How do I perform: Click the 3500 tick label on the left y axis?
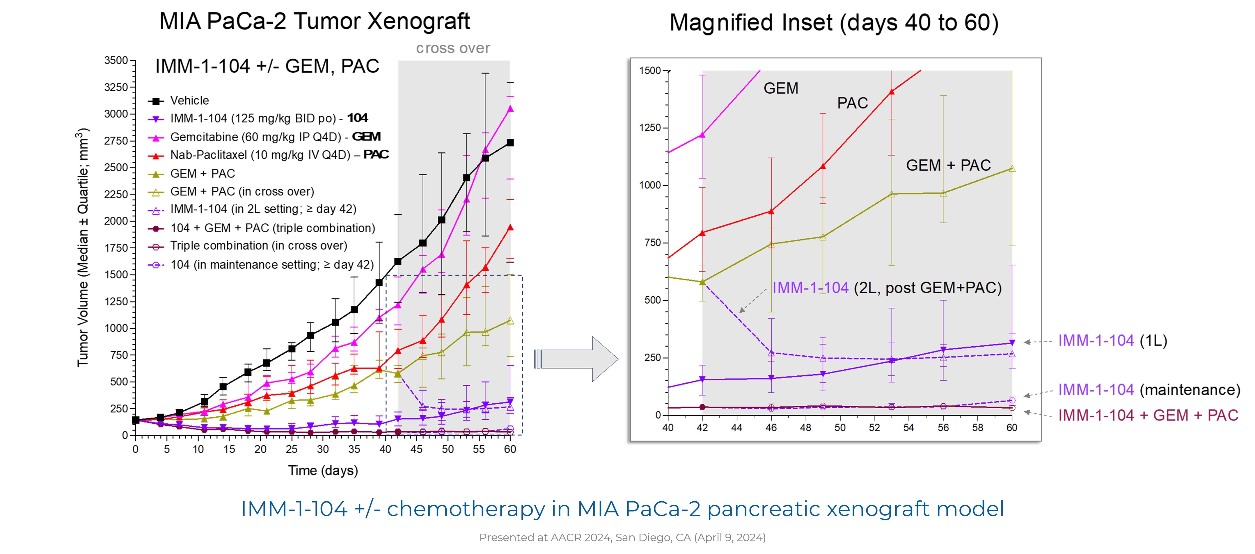[x=116, y=60]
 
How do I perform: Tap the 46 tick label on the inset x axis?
[x=771, y=428]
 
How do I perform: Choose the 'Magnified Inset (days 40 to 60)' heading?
[x=834, y=23]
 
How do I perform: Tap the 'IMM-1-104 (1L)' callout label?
[x=1112, y=341]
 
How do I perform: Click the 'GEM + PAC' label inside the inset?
[x=948, y=165]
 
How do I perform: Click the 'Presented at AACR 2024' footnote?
[x=622, y=537]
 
